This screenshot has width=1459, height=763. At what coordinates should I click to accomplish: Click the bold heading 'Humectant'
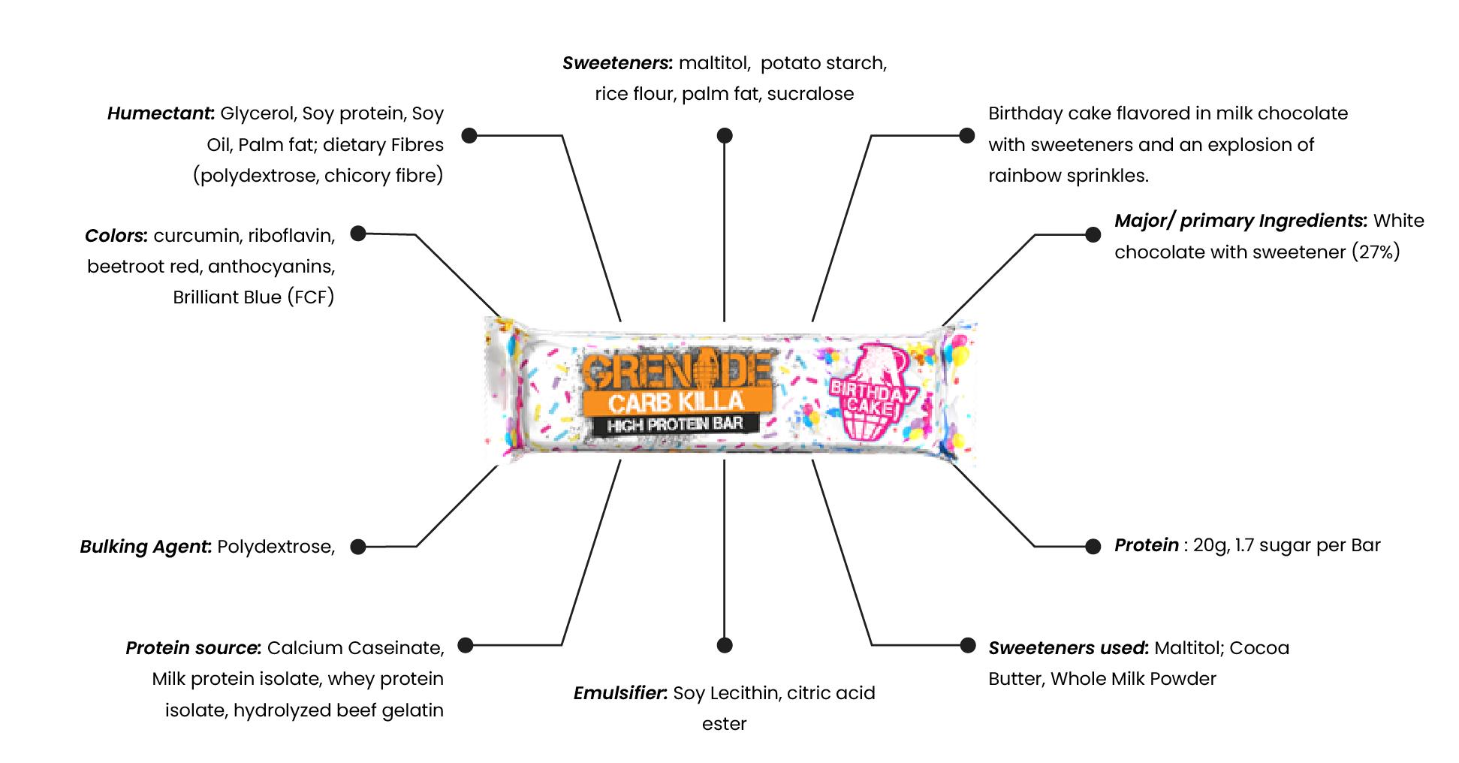pos(160,113)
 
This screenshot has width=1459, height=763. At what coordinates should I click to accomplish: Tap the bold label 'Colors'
pos(116,236)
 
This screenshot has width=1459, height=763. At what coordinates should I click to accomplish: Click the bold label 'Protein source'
pos(193,648)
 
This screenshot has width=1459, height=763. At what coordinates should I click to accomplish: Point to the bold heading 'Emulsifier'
pos(620,693)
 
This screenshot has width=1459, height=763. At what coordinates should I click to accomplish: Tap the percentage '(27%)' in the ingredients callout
pos(1376,252)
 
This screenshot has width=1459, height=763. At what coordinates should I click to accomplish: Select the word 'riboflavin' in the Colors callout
pos(291,236)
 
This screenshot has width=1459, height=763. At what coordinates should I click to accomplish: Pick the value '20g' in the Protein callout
pos(1209,545)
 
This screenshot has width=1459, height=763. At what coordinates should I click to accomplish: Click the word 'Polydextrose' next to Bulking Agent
pos(275,547)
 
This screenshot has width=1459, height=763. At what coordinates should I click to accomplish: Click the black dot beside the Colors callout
pos(358,234)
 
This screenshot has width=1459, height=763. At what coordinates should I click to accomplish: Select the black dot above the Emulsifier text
pos(724,645)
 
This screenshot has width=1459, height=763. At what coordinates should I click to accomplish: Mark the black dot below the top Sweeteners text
pos(724,135)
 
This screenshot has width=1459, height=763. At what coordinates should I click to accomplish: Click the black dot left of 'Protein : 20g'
pos(1093,546)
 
